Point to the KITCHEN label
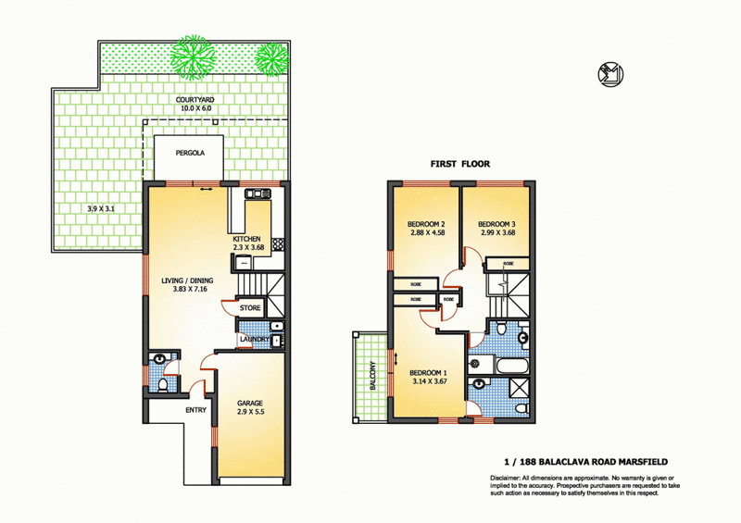pos(246,239)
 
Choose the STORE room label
pos(250,307)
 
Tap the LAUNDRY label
pos(254,340)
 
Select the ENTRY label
pos(196,409)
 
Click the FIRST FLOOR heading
pos(459,164)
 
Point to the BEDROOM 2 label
pos(427,223)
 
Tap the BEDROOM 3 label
pos(496,223)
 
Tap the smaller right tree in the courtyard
pos(270,60)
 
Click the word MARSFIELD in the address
pos(638,462)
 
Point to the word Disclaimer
pos(508,478)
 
